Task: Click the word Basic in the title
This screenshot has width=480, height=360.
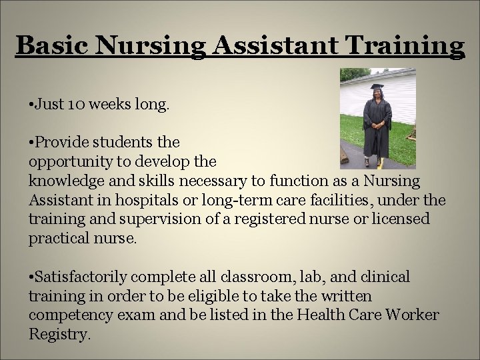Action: pos(52,45)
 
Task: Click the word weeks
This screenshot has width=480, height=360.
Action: pos(103,105)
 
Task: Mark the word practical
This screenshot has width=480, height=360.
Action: pos(57,239)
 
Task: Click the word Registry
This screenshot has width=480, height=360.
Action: pos(58,335)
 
